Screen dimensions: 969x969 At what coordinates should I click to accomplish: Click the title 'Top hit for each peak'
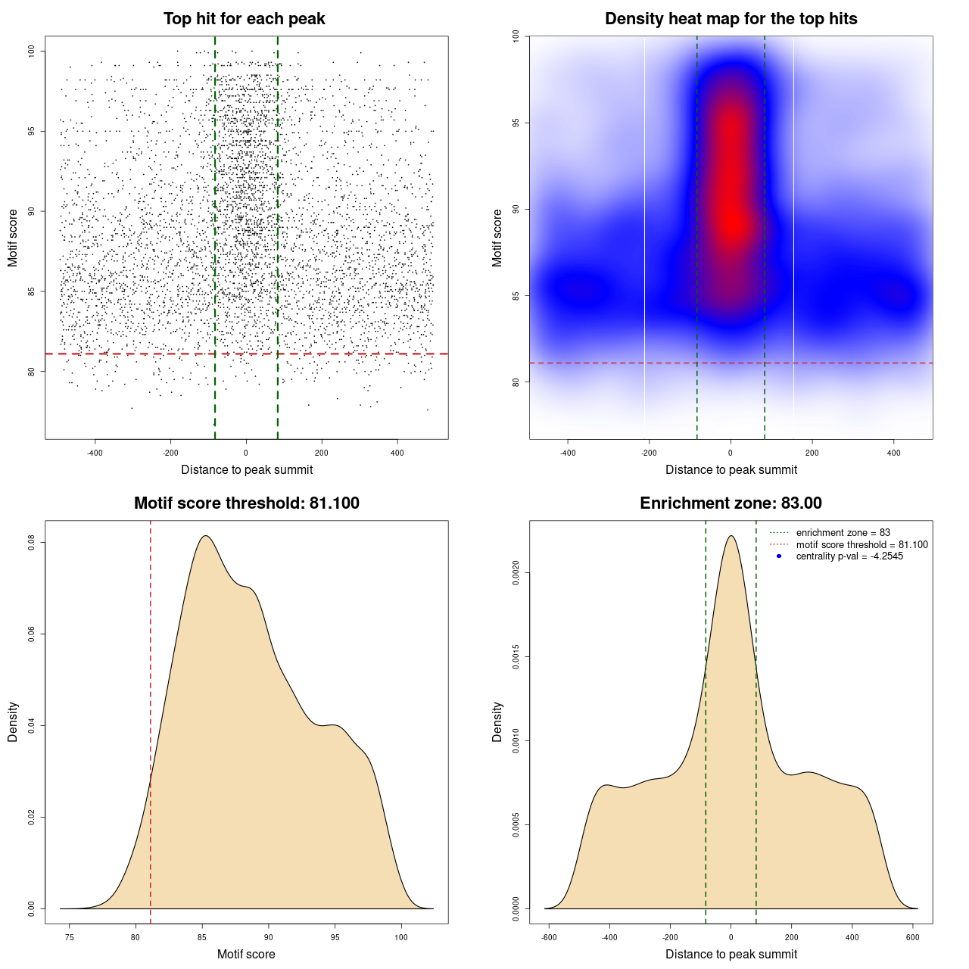[x=244, y=19]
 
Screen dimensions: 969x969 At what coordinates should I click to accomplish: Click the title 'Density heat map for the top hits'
[x=731, y=19]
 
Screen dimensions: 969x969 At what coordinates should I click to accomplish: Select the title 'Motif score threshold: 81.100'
[x=246, y=503]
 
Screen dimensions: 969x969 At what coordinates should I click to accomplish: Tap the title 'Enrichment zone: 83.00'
[x=731, y=503]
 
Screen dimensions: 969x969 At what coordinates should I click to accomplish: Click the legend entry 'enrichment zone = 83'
[x=843, y=533]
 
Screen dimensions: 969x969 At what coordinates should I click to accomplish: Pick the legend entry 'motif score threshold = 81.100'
[x=862, y=544]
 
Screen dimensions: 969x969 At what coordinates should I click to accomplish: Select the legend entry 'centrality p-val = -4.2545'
[x=849, y=556]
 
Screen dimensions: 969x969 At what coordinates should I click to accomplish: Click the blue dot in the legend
[x=779, y=556]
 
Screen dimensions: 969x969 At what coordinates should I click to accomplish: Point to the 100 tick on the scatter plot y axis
[x=32, y=51]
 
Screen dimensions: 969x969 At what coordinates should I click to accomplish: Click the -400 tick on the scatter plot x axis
[x=95, y=453]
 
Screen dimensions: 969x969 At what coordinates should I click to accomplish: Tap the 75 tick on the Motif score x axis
[x=70, y=937]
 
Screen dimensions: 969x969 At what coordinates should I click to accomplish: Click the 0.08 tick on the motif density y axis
[x=32, y=542]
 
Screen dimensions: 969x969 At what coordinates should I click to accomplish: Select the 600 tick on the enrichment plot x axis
[x=912, y=937]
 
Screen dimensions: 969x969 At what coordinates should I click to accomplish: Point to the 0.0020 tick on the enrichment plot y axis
[x=516, y=573]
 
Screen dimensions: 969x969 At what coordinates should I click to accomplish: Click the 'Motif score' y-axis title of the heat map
[x=497, y=238]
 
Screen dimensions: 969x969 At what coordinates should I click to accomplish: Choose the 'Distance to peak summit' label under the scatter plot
[x=247, y=469]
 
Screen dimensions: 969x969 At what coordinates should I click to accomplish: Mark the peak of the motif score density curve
[x=205, y=536]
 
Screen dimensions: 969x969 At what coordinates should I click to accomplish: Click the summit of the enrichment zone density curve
[x=731, y=536]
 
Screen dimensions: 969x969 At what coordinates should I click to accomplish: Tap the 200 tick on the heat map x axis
[x=812, y=453]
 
